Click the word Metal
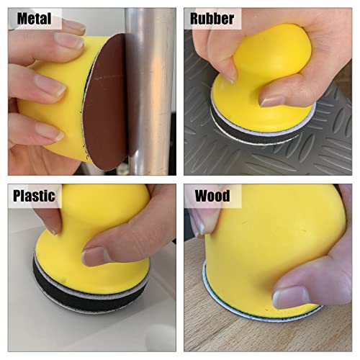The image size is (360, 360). click(34, 18)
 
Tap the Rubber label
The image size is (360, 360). click(212, 18)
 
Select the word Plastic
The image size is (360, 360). click(34, 196)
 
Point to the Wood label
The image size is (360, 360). click(212, 196)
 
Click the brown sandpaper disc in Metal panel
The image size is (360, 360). click(107, 101)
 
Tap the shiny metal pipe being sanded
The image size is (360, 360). click(150, 91)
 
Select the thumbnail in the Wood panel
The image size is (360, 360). click(290, 298)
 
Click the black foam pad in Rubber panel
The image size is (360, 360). click(254, 131)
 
